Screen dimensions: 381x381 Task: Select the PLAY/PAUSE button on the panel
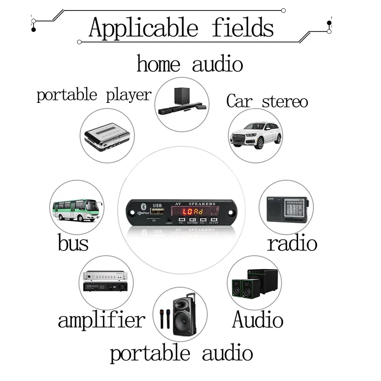click(x=192, y=220)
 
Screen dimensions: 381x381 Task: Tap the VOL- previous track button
click(x=181, y=220)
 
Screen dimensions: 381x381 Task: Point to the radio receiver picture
click(x=286, y=208)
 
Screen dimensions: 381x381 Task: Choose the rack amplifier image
click(x=105, y=281)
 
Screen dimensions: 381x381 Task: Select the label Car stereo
click(x=267, y=101)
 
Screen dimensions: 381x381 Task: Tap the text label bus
click(x=73, y=243)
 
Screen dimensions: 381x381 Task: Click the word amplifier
click(x=101, y=320)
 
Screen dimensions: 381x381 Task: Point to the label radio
click(x=291, y=243)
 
